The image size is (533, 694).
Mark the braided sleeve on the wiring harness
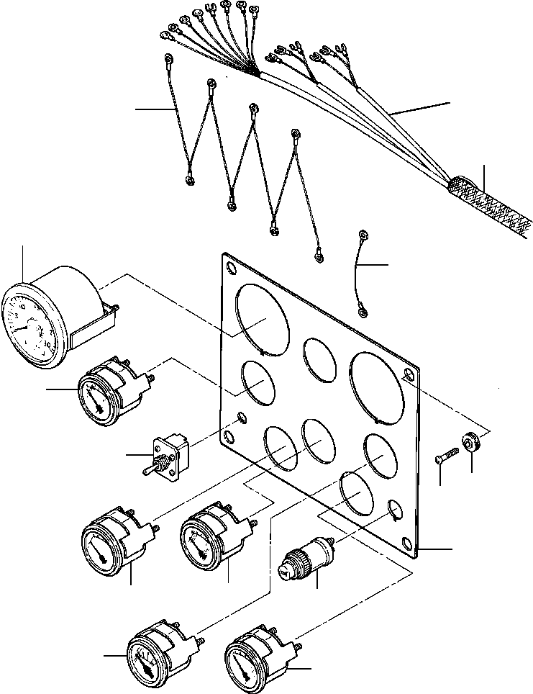pos(489,205)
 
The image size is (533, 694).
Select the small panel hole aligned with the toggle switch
pos(241,419)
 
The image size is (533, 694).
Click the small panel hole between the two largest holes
pos(322,355)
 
